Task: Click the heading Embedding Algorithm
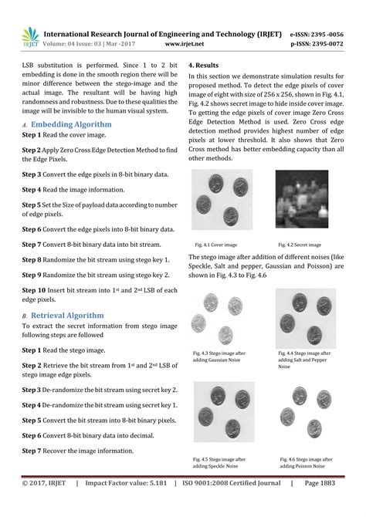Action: (x=71, y=123)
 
